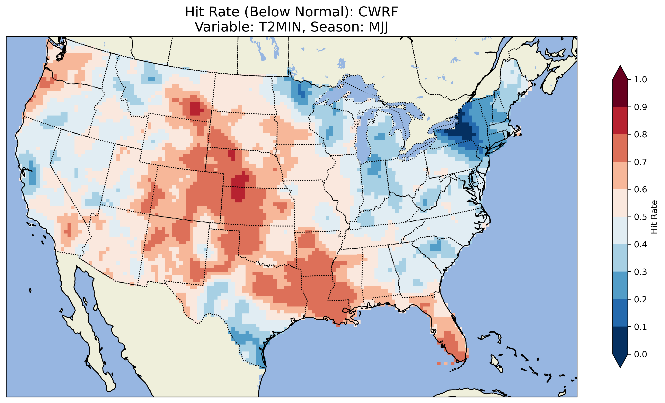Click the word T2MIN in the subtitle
[280, 27]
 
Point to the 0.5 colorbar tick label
[640, 217]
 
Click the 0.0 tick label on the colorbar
[640, 354]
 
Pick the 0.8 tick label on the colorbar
[640, 134]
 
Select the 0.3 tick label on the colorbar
[640, 272]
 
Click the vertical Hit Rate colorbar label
[654, 217]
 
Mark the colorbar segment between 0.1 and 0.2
[620, 313]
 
